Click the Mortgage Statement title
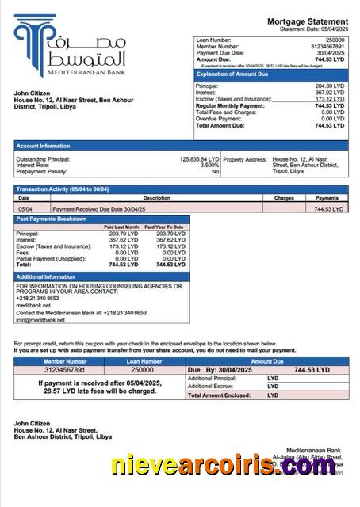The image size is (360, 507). tap(307, 21)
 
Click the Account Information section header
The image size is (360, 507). tap(43, 146)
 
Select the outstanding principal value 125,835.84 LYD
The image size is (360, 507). tap(199, 159)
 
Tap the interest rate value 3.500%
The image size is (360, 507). tap(209, 166)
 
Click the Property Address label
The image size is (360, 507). tap(245, 159)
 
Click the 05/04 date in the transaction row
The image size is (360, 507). tap(25, 208)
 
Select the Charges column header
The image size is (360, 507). tap(284, 197)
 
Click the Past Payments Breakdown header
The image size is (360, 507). tap(52, 218)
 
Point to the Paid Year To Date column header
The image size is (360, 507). tap(167, 227)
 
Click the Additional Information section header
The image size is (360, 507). tap(47, 276)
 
